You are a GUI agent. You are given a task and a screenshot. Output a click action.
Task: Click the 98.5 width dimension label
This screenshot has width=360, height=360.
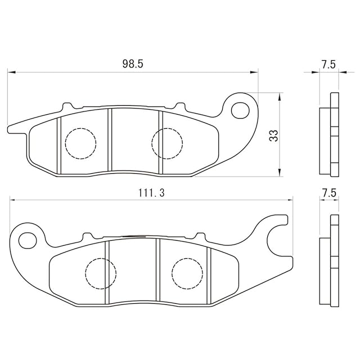tap(133, 64)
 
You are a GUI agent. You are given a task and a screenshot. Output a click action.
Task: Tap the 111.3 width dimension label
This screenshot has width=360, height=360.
tap(151, 193)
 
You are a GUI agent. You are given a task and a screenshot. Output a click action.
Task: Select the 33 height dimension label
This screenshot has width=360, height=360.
tap(274, 136)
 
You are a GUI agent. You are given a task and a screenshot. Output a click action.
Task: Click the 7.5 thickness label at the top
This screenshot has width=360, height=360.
tap(328, 65)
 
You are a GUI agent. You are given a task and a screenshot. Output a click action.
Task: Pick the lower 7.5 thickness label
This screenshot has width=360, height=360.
tap(329, 192)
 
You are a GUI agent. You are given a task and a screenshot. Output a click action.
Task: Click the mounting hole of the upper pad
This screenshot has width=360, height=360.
tap(240, 110)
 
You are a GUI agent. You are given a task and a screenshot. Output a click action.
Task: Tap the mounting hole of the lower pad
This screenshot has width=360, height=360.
tap(28, 240)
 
